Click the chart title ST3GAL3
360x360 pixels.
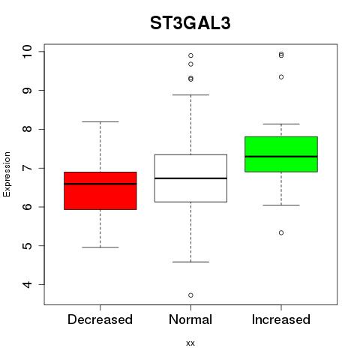click(190, 23)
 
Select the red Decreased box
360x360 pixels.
click(100, 190)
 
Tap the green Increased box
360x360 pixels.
click(281, 154)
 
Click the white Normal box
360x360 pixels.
click(190, 178)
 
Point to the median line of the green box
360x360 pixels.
click(281, 157)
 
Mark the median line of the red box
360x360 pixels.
click(100, 184)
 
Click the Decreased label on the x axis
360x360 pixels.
click(100, 319)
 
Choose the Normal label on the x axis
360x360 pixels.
click(190, 319)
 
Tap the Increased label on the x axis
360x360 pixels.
click(281, 319)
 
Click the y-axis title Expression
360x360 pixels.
click(7, 174)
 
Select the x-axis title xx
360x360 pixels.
click(190, 343)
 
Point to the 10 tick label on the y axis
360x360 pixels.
click(27, 52)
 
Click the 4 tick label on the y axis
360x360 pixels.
click(27, 284)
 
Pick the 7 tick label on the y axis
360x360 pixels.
click(27, 168)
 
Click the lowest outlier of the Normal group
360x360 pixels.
click(190, 295)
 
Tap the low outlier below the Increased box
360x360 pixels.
click(281, 232)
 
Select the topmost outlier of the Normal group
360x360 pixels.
click(190, 55)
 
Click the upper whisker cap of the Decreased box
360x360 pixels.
click(100, 121)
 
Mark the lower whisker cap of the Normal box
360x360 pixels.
click(190, 262)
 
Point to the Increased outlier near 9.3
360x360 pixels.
click(281, 77)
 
